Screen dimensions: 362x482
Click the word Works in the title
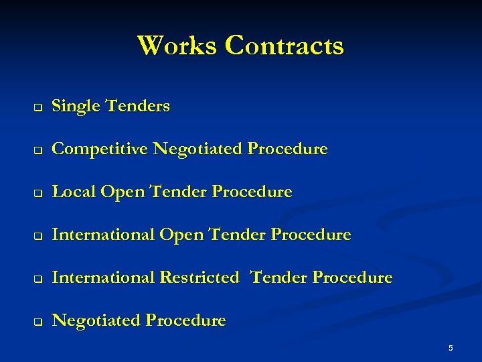point(177,46)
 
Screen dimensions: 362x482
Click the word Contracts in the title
point(285,46)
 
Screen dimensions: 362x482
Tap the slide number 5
point(451,348)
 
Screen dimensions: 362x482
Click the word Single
point(76,106)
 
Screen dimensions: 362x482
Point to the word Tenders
point(138,106)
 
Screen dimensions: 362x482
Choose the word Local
point(74,192)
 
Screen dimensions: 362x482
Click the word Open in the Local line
point(123,192)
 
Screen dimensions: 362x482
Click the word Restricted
point(198,278)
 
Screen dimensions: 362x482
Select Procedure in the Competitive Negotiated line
point(287,149)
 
